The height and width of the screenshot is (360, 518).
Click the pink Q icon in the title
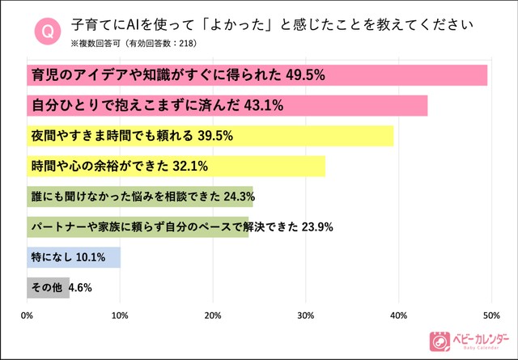click(x=47, y=32)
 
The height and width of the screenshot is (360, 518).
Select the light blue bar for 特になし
click(x=74, y=257)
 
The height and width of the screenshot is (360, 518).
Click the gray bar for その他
click(x=48, y=287)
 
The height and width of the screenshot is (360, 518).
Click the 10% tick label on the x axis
click(x=120, y=316)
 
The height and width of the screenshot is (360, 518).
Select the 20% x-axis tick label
click(x=213, y=316)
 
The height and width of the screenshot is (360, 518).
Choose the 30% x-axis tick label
click(x=306, y=316)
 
